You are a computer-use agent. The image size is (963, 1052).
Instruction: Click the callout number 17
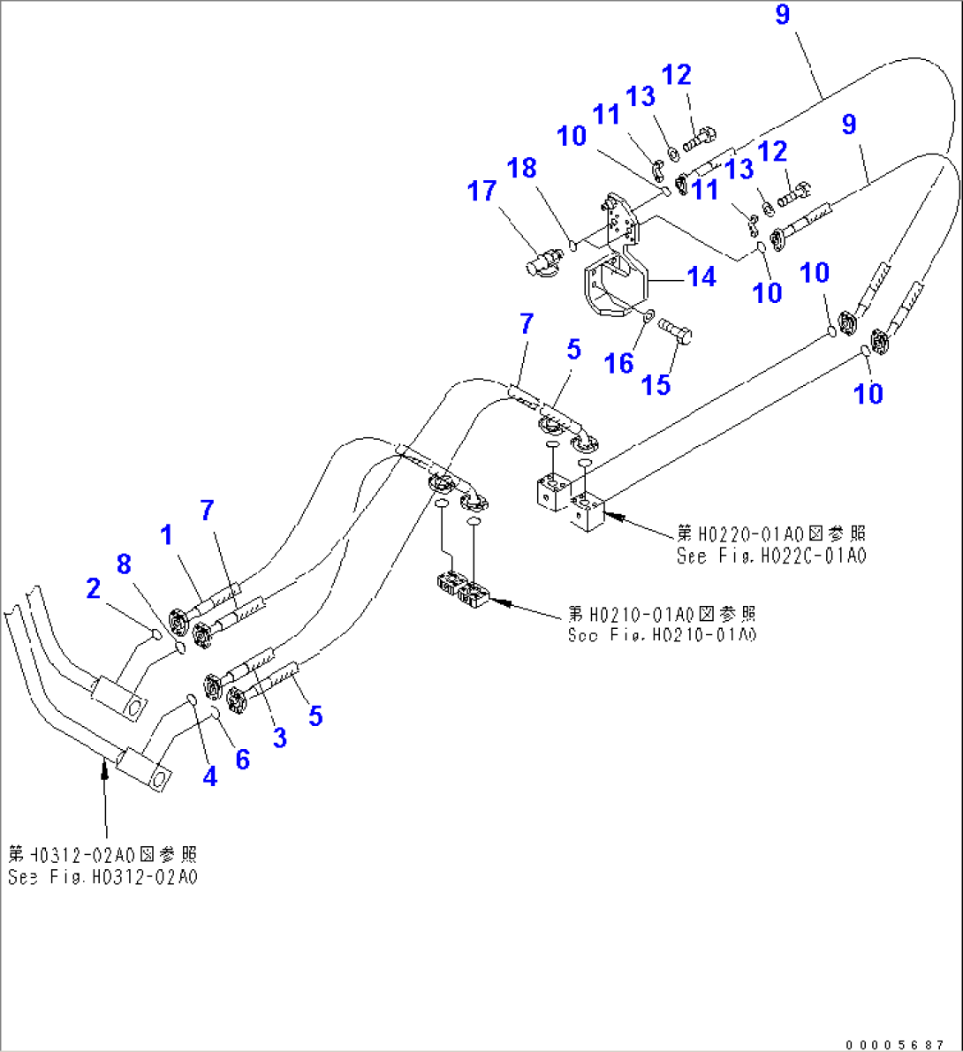point(481,191)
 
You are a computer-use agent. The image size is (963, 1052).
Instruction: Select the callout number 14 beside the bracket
point(701,276)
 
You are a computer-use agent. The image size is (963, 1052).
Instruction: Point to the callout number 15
point(656,384)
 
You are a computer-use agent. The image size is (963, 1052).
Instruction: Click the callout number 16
point(619,362)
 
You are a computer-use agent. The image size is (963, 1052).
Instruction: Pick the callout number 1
point(166,534)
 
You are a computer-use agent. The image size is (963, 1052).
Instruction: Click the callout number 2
point(94,588)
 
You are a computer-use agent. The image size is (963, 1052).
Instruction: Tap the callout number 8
point(124,563)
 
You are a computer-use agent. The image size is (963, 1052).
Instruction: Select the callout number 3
point(279,738)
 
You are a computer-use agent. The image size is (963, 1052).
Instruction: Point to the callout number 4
point(209,776)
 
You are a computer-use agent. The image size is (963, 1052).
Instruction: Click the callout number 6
point(242,759)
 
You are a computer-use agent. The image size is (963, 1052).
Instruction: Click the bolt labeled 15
point(676,330)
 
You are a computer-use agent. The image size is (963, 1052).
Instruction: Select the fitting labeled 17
point(541,262)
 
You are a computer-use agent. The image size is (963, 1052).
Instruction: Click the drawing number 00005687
point(896,1043)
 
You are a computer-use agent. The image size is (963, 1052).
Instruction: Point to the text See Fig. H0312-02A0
point(102,877)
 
